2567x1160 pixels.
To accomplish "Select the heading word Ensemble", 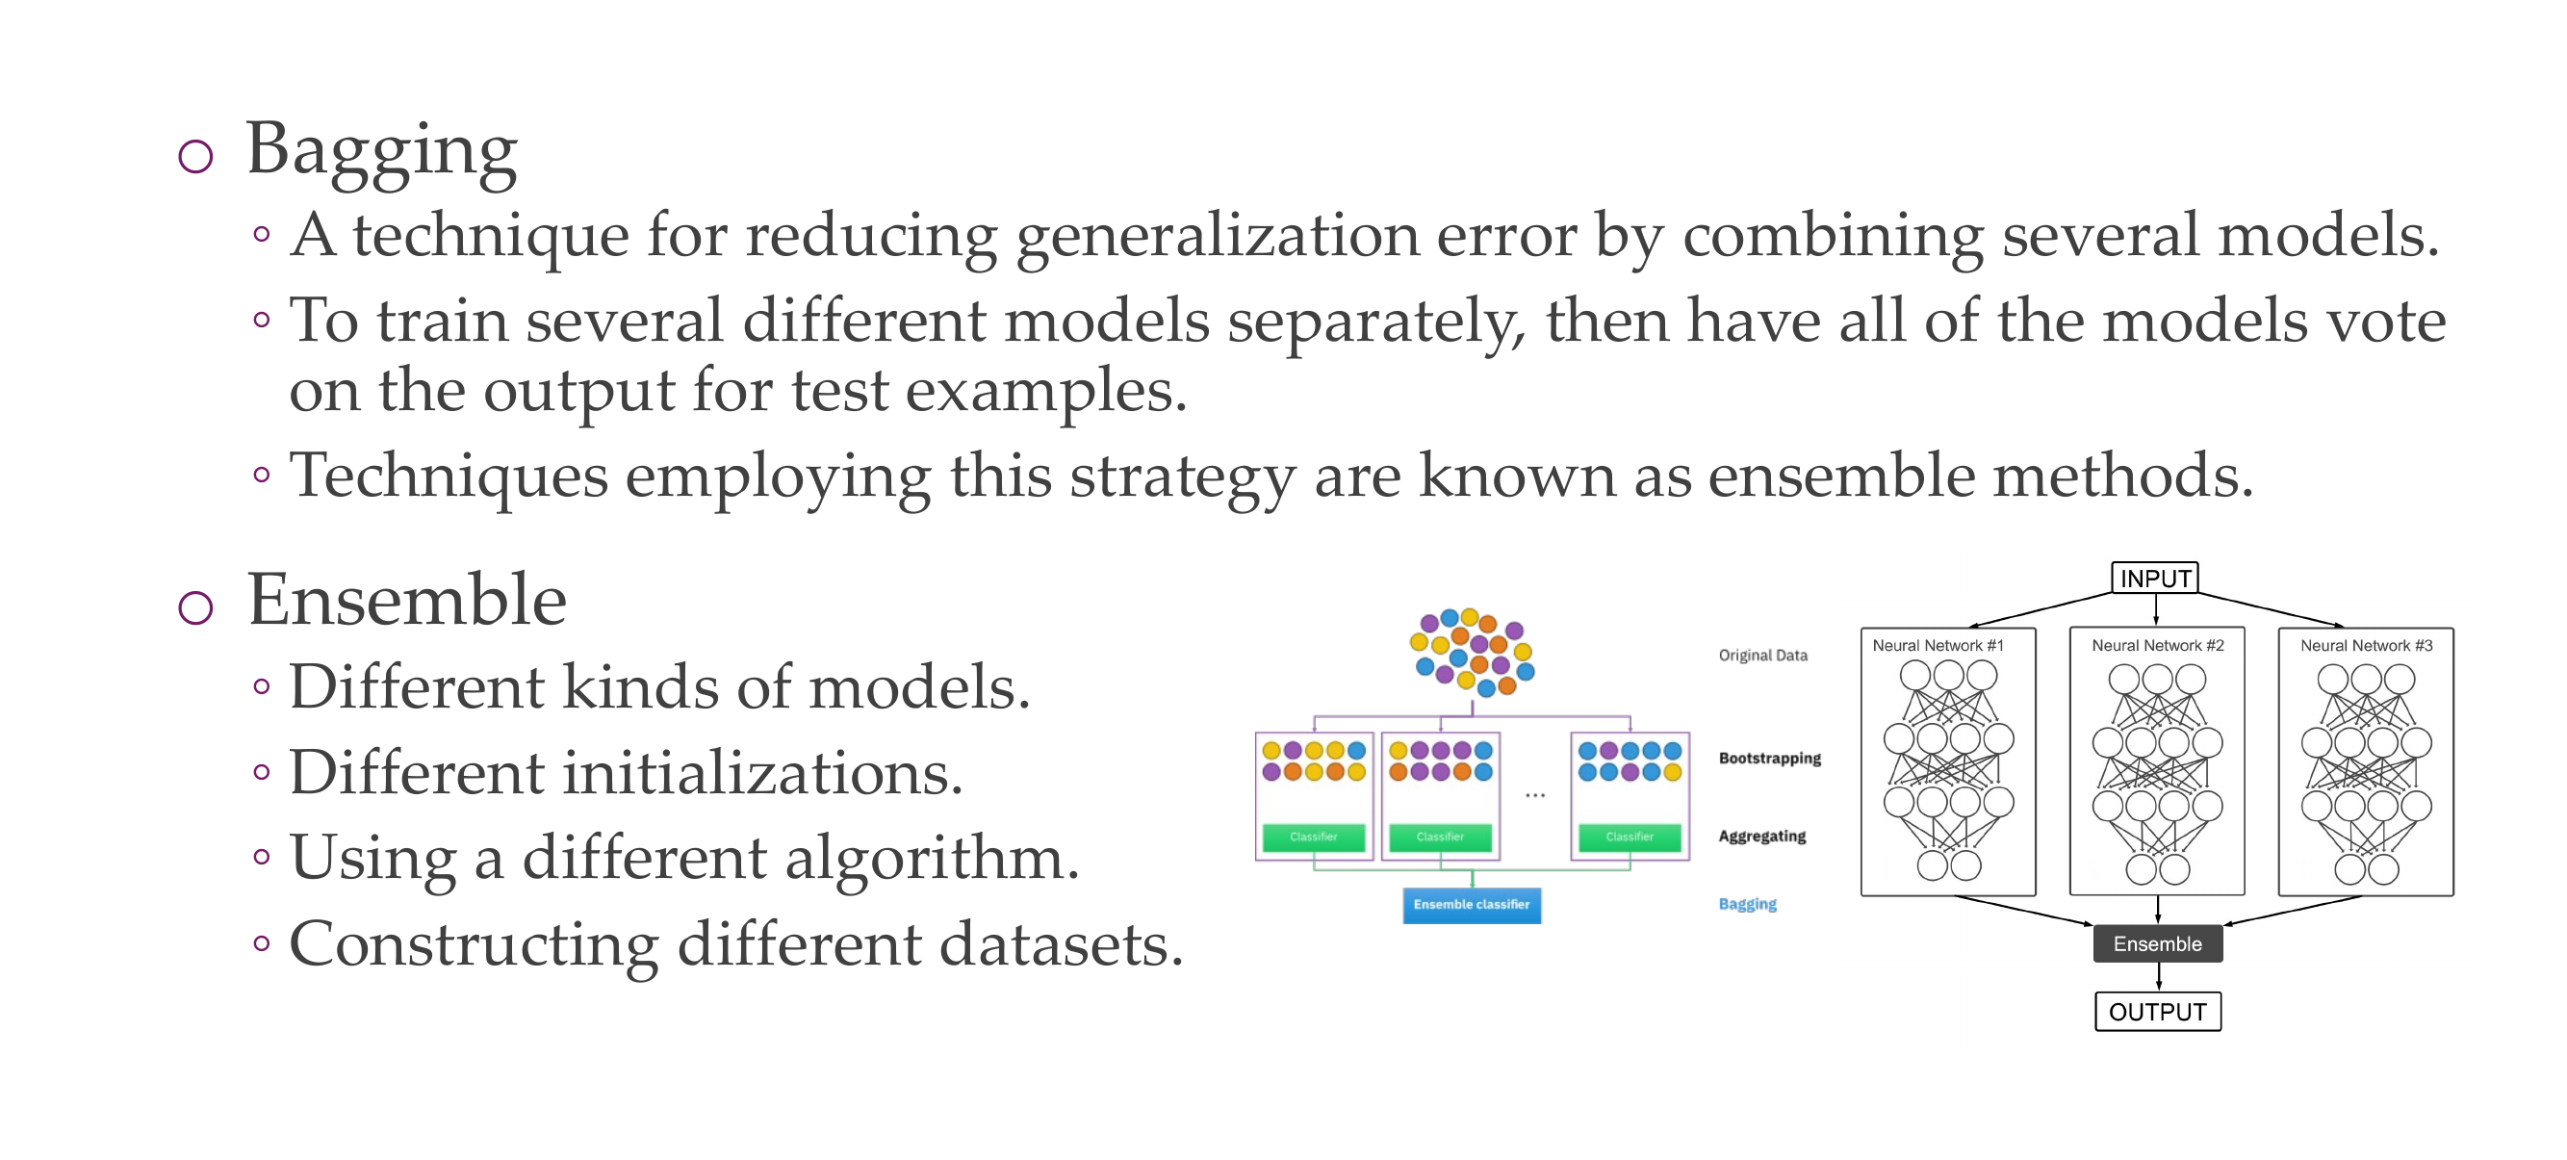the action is (406, 600).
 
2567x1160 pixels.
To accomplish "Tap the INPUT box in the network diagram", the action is (2154, 578).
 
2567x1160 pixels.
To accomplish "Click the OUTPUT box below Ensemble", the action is (2157, 1012).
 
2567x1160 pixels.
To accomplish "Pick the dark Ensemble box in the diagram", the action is (2157, 943).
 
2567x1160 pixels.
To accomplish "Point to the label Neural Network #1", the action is (1938, 646).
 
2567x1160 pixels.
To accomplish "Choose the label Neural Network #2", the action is (2157, 646).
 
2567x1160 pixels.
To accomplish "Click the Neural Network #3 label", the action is (2366, 646).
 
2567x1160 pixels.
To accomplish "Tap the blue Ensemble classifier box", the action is (1472, 905).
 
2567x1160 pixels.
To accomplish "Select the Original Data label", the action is (1762, 655).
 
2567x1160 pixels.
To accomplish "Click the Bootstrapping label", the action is (1770, 759).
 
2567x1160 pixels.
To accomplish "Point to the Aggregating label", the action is (1761, 837).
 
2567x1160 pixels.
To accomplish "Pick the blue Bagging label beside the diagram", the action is (1748, 904).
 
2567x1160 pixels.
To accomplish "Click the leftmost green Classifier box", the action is (1314, 838).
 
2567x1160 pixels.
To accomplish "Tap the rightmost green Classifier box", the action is (1630, 838).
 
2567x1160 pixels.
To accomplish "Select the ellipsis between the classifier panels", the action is (1534, 795).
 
